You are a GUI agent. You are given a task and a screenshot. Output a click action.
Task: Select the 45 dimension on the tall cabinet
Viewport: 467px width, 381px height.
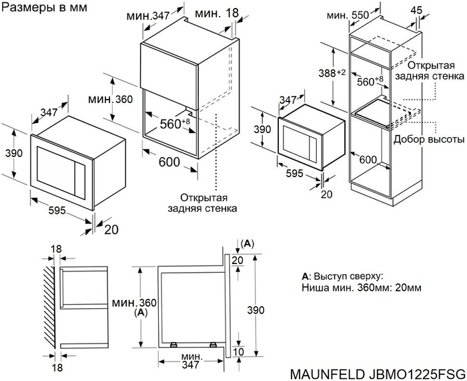coord(435,10)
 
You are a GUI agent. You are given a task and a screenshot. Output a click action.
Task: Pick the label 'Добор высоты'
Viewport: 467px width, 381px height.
coord(429,139)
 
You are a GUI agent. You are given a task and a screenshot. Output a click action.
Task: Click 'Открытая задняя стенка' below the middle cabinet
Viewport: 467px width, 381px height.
coord(207,203)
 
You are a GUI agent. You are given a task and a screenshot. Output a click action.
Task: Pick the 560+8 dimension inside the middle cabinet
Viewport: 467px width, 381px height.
coord(175,124)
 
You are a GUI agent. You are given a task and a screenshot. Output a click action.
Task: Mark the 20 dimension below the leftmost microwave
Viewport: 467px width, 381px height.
coord(111,229)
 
